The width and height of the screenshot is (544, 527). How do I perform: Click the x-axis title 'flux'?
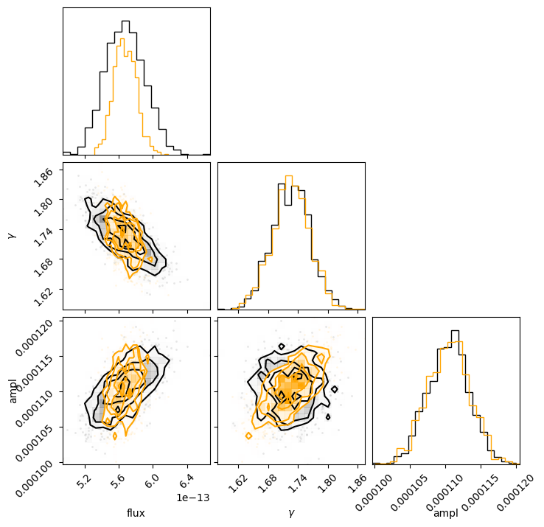pyautogui.click(x=136, y=513)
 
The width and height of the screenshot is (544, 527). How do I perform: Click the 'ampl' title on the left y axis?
pyautogui.click(x=12, y=390)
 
